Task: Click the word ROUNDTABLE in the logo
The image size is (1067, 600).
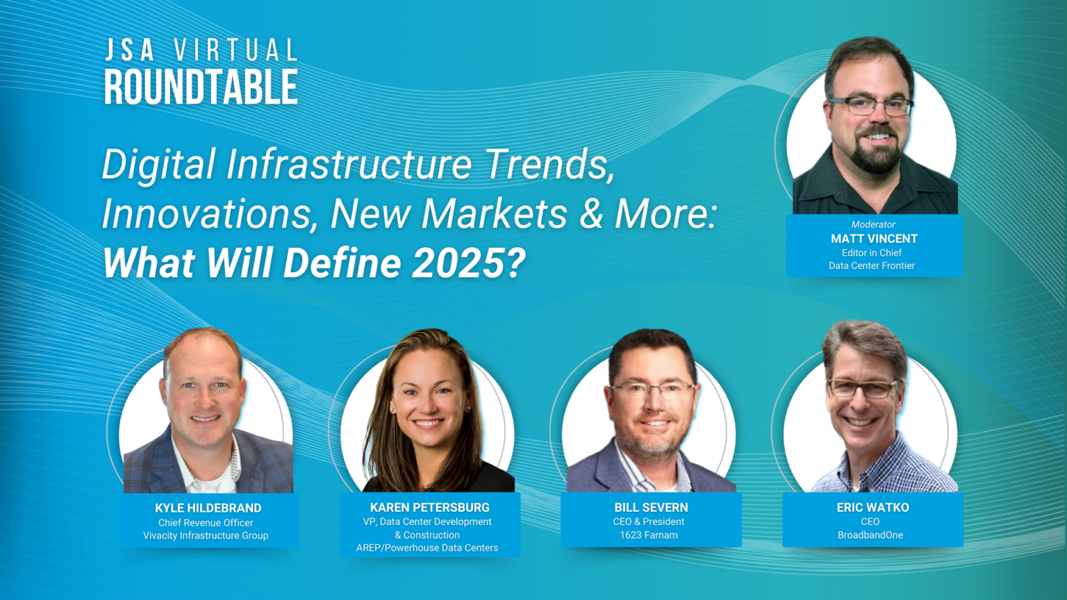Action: coord(201,87)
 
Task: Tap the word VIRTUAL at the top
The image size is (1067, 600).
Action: coord(235,50)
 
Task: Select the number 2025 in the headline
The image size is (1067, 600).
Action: coord(457,262)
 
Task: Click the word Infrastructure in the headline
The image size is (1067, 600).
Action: coord(349,164)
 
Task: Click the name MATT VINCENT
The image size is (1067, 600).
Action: coord(874,239)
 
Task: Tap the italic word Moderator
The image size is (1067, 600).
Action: coord(873,224)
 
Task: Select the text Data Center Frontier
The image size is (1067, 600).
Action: coord(872,266)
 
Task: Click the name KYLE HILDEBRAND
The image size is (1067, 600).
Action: coord(208,508)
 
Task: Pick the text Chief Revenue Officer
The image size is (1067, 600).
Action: coord(206,522)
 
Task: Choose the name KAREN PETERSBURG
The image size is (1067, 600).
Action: coord(430,508)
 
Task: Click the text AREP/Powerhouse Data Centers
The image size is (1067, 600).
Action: coord(427,548)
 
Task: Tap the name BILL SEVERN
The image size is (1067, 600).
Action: coord(651,508)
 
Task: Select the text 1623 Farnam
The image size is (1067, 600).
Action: coord(649,535)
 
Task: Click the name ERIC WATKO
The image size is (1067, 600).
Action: coord(872,508)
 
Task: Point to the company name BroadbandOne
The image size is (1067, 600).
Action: coord(870,535)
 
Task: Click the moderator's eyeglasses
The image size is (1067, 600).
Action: coord(870,106)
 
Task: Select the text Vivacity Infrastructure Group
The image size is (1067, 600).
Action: coord(206,535)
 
